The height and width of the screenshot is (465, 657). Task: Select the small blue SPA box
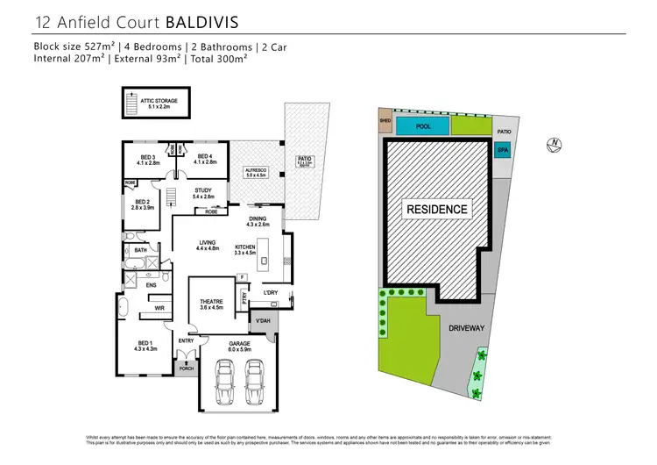point(503,150)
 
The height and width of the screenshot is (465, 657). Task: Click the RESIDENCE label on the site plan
point(436,210)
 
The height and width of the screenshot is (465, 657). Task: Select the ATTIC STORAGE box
point(159,104)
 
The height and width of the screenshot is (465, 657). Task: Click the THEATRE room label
point(212,304)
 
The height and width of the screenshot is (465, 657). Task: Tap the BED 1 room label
point(145,346)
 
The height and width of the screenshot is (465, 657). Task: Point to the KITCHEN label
point(245,249)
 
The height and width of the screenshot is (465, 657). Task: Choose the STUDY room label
point(203,192)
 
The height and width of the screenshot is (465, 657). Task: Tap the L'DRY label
point(270,292)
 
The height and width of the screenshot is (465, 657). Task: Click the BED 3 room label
point(146,159)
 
